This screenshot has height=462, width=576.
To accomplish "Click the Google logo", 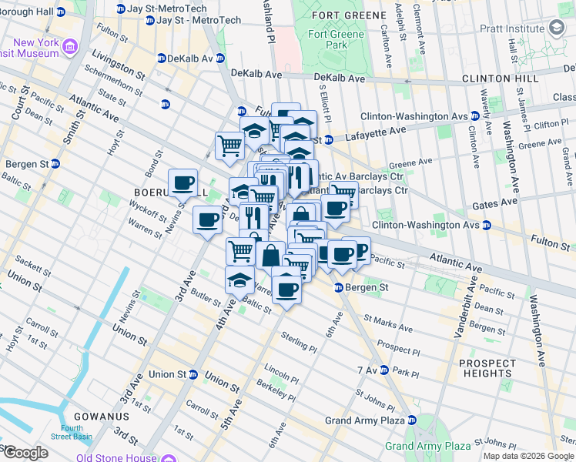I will coord(25,452).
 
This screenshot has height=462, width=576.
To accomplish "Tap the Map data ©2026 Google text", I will coord(528,456).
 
